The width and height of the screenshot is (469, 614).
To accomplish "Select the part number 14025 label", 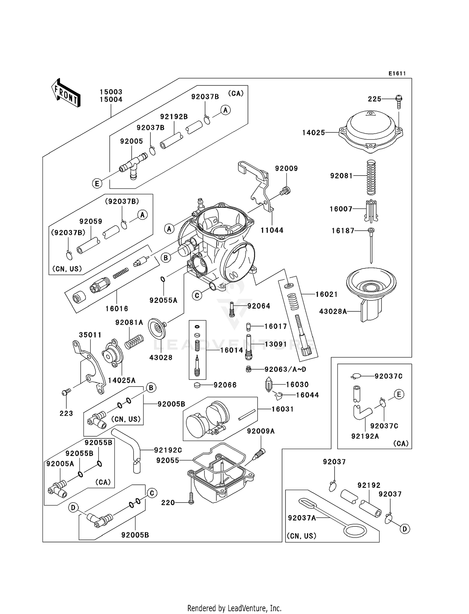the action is click(314, 133).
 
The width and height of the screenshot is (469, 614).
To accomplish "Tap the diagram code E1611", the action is click(397, 74).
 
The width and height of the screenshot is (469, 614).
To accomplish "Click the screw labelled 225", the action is click(399, 102).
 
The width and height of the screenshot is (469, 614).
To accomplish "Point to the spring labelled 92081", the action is click(371, 177).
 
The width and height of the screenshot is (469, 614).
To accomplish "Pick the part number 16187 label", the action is click(343, 231).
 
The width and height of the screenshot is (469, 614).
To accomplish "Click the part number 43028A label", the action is click(333, 311).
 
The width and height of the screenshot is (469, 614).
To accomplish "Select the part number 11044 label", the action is click(272, 230).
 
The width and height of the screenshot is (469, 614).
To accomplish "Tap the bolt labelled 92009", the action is click(285, 191).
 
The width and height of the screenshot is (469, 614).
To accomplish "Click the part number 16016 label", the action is click(117, 309).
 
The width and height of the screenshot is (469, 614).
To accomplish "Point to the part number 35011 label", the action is click(90, 335).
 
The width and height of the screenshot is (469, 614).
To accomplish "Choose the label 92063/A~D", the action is click(285, 369).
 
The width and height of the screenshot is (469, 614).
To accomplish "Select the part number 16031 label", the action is click(283, 409).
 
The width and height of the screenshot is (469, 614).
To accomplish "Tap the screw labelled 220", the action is click(191, 499).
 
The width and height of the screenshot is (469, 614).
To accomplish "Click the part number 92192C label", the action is click(168, 450).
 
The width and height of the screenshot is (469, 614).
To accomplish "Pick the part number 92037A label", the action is click(302, 518).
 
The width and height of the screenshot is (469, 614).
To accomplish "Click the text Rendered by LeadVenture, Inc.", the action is click(234, 608).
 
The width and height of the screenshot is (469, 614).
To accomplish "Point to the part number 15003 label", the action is click(111, 92).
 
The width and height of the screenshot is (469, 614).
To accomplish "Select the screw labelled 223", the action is click(66, 392).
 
